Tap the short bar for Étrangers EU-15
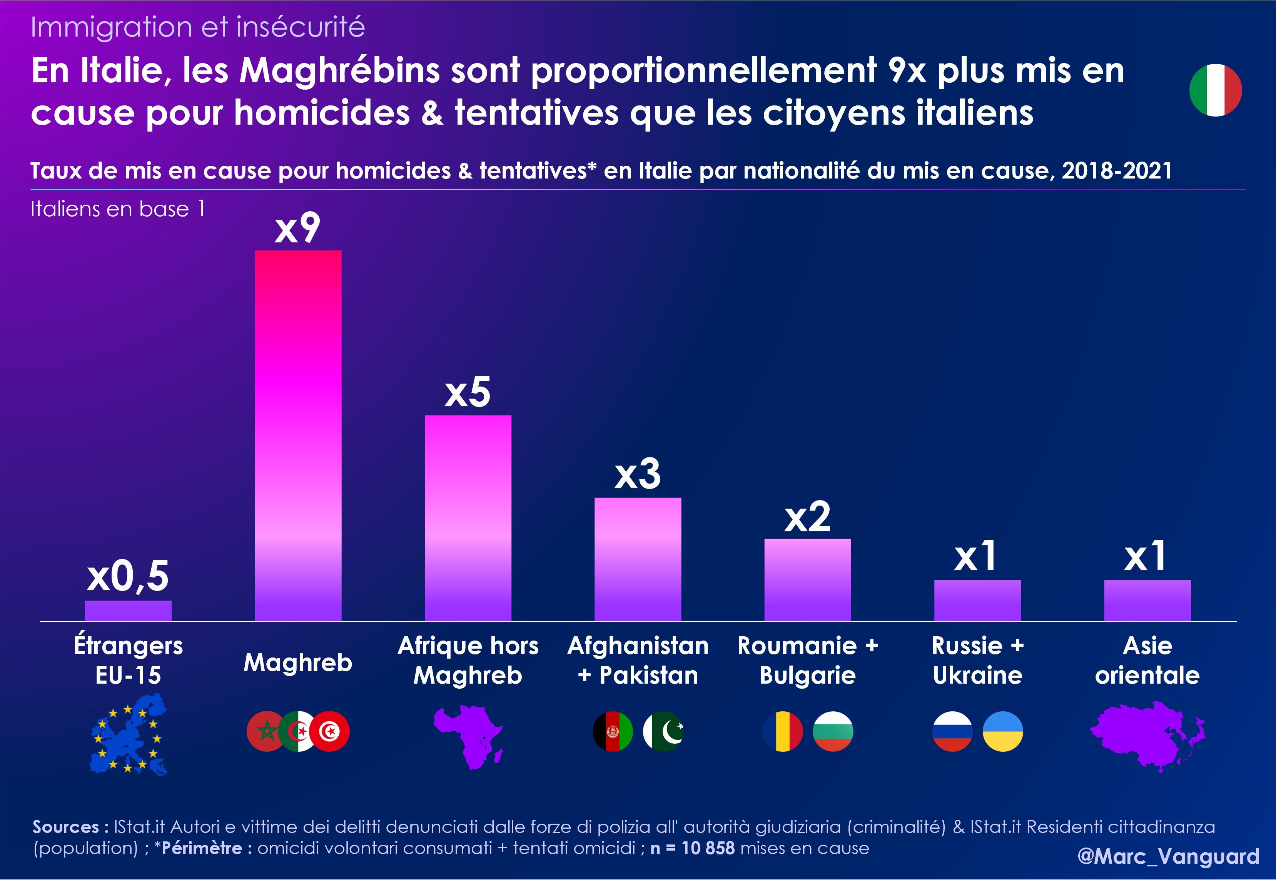(128, 611)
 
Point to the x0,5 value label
(128, 576)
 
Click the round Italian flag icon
(1215, 90)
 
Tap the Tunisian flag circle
(330, 731)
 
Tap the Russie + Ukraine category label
(977, 660)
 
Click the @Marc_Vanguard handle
(1168, 856)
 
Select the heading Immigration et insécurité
(198, 27)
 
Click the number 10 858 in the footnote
(708, 848)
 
